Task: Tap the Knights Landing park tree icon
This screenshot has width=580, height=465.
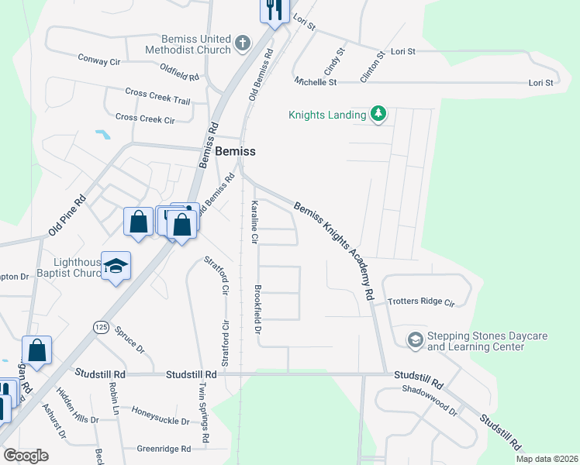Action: pyautogui.click(x=378, y=115)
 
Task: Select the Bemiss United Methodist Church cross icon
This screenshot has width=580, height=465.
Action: pyautogui.click(x=243, y=43)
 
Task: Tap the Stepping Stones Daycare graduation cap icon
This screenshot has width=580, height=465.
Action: pyautogui.click(x=415, y=340)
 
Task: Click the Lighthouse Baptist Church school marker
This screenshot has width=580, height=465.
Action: pyautogui.click(x=116, y=266)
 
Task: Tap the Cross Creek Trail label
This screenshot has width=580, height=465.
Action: pyautogui.click(x=157, y=96)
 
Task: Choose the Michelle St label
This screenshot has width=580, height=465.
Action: pyautogui.click(x=316, y=81)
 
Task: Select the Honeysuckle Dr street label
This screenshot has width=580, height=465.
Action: pyautogui.click(x=161, y=415)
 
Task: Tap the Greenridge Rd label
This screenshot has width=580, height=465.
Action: pyautogui.click(x=164, y=449)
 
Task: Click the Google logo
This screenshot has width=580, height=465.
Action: pyautogui.click(x=26, y=455)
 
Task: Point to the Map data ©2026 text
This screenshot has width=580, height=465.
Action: pyautogui.click(x=547, y=459)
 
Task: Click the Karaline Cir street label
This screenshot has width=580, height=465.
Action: pyautogui.click(x=254, y=222)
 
